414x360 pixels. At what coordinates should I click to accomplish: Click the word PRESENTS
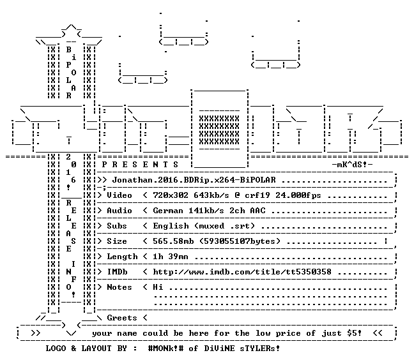coord(140,165)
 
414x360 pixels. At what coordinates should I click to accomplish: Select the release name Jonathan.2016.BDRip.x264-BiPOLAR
coord(194,180)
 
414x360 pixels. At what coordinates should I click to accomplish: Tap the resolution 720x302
coord(171,195)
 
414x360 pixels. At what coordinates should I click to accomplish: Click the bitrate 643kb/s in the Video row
coord(211,195)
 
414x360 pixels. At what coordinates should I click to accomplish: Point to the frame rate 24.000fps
coord(298,195)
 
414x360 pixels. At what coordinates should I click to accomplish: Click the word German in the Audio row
coord(168,211)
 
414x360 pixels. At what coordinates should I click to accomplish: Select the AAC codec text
coord(257,211)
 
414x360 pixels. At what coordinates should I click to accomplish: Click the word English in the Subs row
coord(171,226)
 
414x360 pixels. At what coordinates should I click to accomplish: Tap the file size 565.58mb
coord(173,241)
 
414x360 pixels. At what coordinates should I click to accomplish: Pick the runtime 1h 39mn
coord(171,257)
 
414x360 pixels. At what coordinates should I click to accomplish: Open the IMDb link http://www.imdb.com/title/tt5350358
coord(242,272)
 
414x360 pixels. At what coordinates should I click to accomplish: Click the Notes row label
coord(119,287)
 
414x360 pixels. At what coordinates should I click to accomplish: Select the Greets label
coord(122,318)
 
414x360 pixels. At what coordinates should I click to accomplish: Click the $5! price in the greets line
coord(355,333)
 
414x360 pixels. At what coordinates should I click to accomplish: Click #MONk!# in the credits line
coord(165,349)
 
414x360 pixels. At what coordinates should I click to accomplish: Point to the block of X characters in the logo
coord(219,130)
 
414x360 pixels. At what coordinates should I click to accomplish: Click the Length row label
coord(122,257)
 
